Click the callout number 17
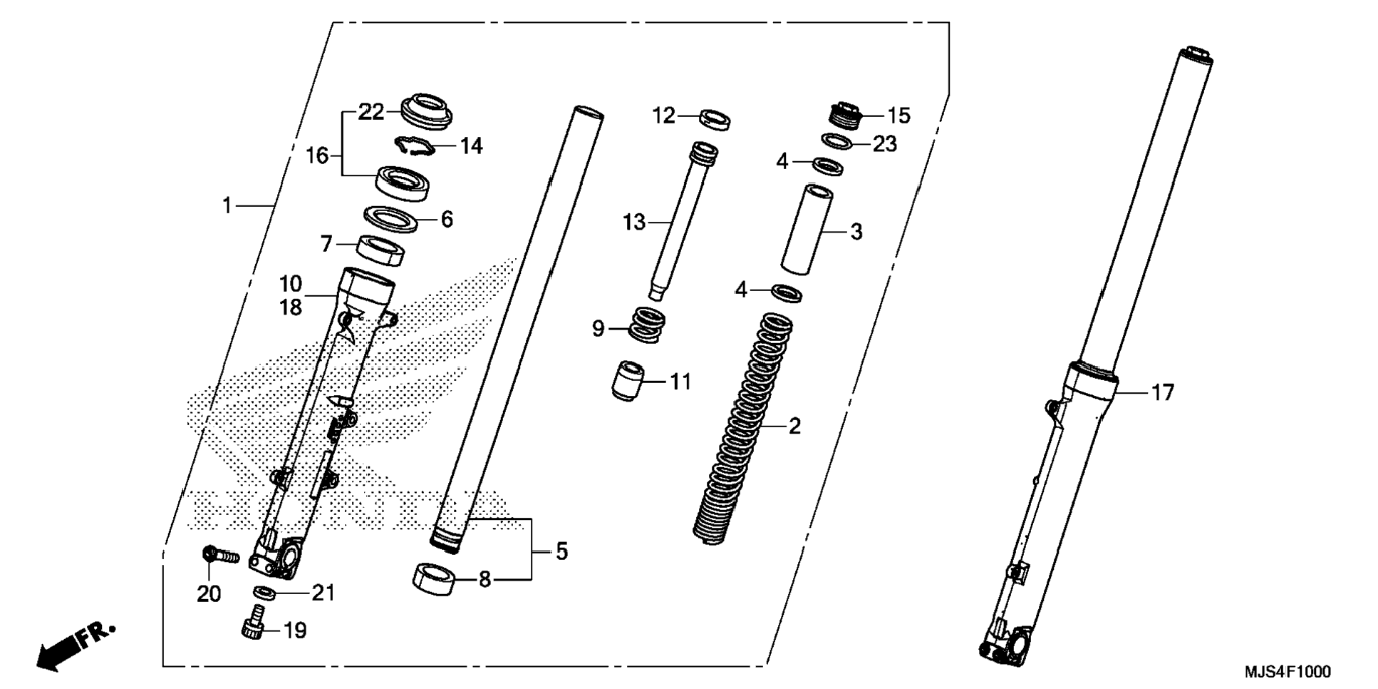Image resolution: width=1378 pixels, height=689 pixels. [1162, 392]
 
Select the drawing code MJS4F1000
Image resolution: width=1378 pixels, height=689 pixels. [1287, 672]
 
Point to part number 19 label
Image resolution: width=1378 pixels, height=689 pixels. [295, 631]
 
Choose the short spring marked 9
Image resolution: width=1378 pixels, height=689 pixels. [648, 325]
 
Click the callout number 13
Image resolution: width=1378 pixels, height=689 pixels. [633, 223]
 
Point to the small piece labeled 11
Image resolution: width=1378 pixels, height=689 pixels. [628, 382]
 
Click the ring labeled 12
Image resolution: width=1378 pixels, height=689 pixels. [715, 118]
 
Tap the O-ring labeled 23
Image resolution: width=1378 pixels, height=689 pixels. [837, 141]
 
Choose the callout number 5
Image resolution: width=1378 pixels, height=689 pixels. [561, 551]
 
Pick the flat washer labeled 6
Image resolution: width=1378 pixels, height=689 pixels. [390, 219]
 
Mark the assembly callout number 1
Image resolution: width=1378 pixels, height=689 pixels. [227, 206]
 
